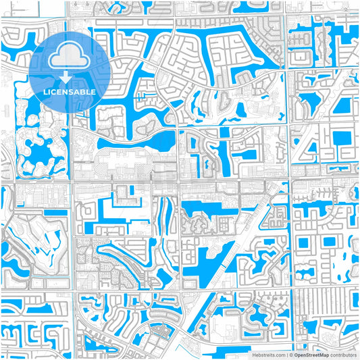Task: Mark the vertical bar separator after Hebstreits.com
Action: (x=286, y=354)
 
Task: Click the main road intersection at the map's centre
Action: (x=178, y=181)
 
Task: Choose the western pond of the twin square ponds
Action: (x=303, y=242)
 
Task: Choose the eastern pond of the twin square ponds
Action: (x=330, y=241)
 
